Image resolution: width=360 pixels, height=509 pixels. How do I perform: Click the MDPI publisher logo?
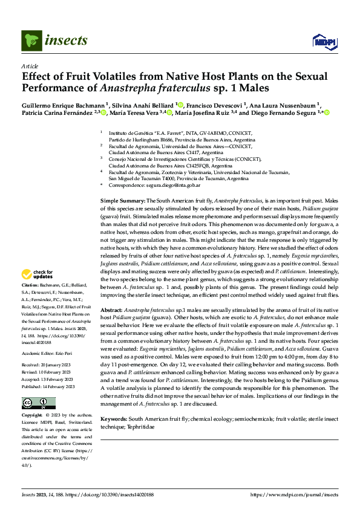(x=322, y=41)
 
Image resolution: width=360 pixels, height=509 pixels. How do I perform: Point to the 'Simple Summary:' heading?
(x=122, y=199)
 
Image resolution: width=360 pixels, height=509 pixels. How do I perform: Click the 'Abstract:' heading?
(x=113, y=309)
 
